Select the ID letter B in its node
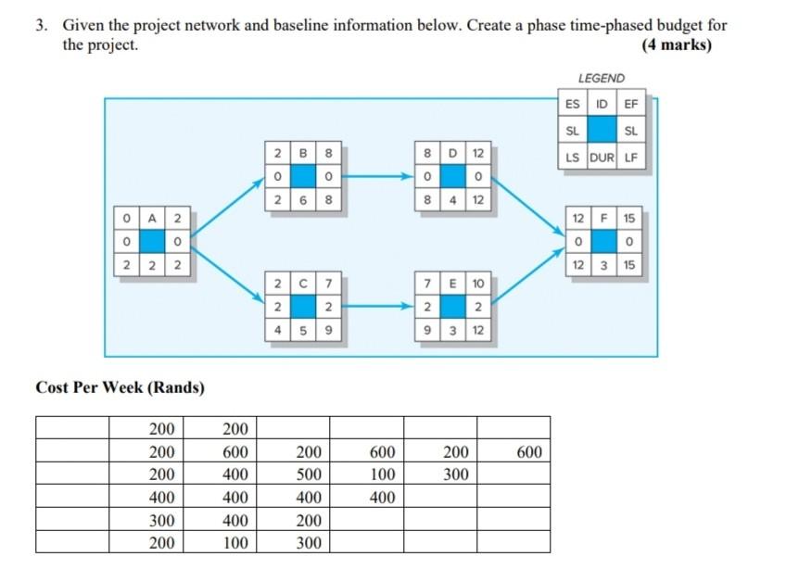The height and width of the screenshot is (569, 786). (x=302, y=152)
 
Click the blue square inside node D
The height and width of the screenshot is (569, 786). (x=452, y=175)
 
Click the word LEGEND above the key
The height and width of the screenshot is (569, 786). (x=602, y=79)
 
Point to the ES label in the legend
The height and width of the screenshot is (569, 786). (x=574, y=105)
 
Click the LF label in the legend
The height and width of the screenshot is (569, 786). (x=632, y=158)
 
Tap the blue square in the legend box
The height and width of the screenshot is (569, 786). (x=603, y=132)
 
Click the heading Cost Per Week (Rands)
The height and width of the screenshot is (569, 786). (x=120, y=387)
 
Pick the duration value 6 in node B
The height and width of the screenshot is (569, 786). (x=302, y=198)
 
